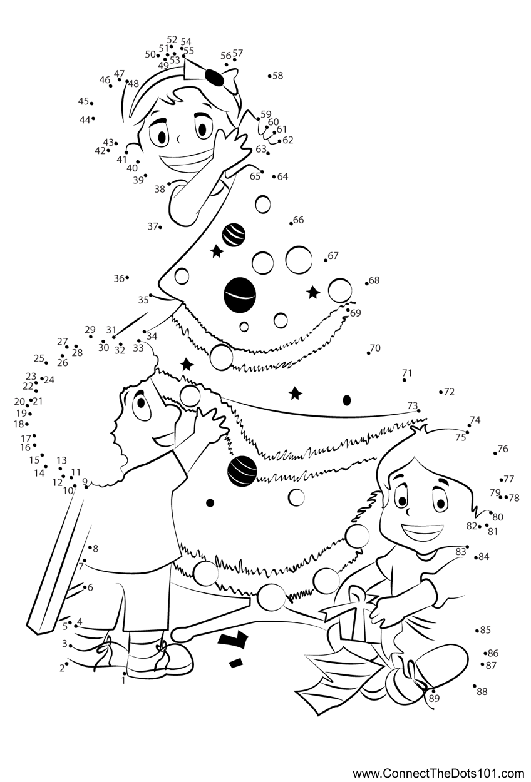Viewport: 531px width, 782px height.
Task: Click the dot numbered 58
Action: pyautogui.click(x=270, y=76)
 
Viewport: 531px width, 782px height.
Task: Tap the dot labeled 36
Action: pyautogui.click(x=127, y=278)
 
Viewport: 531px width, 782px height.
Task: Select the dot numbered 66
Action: pyautogui.click(x=291, y=223)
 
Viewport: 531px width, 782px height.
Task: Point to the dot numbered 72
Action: pyautogui.click(x=441, y=392)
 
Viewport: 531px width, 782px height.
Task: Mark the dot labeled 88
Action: pyautogui.click(x=475, y=686)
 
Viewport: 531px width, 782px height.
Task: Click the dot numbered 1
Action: pyautogui.click(x=124, y=673)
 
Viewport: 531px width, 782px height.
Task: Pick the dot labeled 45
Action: pyautogui.click(x=91, y=103)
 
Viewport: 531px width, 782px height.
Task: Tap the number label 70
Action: pyautogui.click(x=375, y=348)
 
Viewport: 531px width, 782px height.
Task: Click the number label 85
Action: pyautogui.click(x=485, y=630)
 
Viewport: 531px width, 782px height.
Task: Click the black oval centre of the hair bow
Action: pyautogui.click(x=214, y=78)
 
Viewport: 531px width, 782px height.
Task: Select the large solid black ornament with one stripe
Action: pyautogui.click(x=240, y=293)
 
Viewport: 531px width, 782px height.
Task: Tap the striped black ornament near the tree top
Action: pyautogui.click(x=234, y=234)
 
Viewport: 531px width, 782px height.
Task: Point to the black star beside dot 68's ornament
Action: pyautogui.click(x=313, y=292)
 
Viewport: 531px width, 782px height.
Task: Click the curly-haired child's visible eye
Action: pyautogui.click(x=140, y=403)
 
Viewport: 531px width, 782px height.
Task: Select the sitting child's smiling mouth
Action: pyautogui.click(x=421, y=532)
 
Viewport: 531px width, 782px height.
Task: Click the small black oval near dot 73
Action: pyautogui.click(x=346, y=400)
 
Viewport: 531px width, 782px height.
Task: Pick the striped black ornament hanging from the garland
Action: pyautogui.click(x=242, y=470)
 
